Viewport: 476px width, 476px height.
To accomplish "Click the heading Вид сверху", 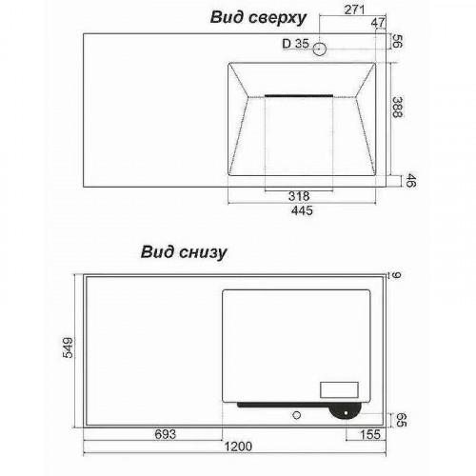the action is click(258, 18).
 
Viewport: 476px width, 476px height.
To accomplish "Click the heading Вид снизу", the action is click(184, 252).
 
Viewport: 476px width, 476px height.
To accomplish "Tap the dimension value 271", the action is click(354, 10).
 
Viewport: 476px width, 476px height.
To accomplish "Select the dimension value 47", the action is click(378, 23).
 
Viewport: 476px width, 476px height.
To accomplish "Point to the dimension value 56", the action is click(397, 41).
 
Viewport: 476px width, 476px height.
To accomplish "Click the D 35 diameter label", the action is click(295, 44).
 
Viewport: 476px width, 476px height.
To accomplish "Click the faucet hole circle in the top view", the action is click(320, 50).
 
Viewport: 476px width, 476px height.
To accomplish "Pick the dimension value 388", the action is click(397, 108).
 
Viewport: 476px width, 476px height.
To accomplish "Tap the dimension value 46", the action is click(411, 180).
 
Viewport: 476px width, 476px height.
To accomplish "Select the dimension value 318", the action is click(299, 196).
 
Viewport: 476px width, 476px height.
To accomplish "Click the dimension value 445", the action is click(302, 210).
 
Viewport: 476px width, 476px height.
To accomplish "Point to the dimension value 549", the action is click(68, 347).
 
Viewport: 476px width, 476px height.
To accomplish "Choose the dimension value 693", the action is click(166, 434).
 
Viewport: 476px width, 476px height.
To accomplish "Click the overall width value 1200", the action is click(238, 446).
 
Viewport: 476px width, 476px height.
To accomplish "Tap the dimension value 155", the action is click(370, 434).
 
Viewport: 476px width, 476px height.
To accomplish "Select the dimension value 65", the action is click(402, 420).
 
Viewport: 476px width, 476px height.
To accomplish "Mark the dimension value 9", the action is click(397, 275).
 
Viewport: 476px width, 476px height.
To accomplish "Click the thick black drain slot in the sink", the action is click(299, 95).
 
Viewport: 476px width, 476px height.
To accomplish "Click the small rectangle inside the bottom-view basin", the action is click(339, 389).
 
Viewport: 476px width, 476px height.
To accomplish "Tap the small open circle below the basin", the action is click(297, 415).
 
